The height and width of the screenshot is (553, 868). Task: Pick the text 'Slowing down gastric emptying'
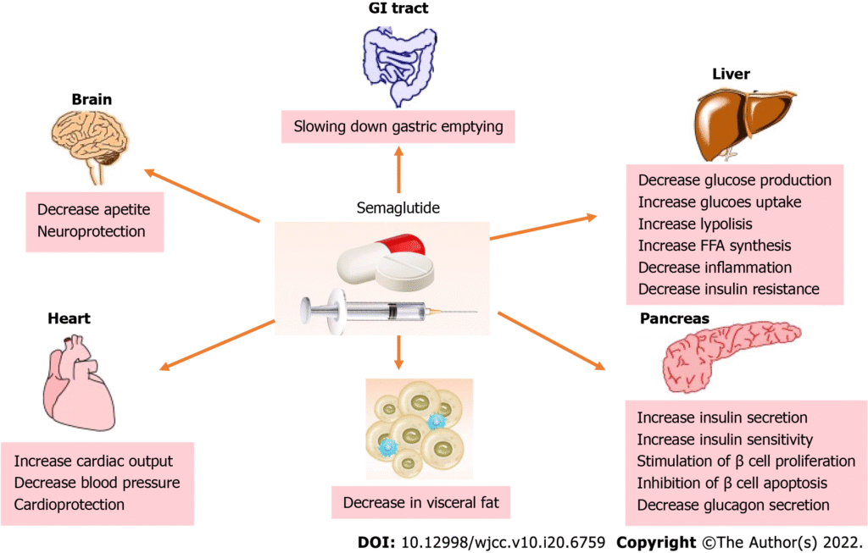tap(398, 128)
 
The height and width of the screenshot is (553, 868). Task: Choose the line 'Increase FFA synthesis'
tap(714, 246)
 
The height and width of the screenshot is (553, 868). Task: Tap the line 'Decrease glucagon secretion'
tap(733, 505)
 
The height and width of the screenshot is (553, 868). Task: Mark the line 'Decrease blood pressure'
tap(97, 483)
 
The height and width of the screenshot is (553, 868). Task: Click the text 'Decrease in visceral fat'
tap(420, 503)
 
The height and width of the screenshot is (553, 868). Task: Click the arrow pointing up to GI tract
tap(398, 166)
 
